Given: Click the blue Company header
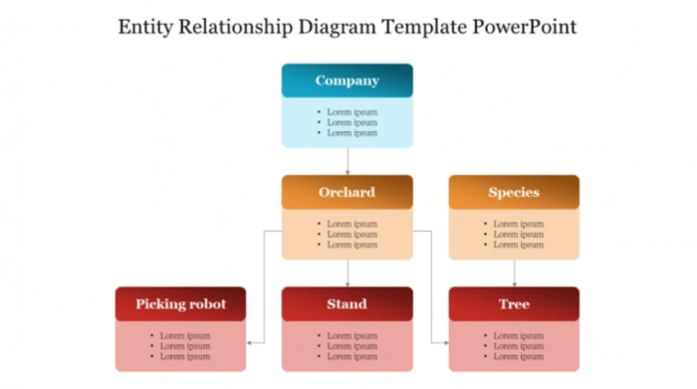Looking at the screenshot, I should (347, 81).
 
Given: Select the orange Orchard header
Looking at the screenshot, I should (347, 192).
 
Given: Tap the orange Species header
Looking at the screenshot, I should (514, 192).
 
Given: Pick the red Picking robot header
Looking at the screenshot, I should (180, 303).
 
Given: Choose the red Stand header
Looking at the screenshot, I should (347, 303).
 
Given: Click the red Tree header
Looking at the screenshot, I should (514, 303).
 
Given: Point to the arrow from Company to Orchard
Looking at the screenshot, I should (348, 161).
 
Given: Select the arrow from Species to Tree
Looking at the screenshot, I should (514, 273).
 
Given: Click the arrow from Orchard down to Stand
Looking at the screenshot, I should (348, 273).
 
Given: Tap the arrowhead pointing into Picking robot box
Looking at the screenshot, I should (250, 341).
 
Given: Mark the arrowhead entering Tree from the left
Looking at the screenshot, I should (444, 341).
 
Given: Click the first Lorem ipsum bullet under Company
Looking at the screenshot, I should (351, 112).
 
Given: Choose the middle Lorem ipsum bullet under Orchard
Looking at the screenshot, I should (351, 234).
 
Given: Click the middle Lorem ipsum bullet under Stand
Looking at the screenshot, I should (351, 345).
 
